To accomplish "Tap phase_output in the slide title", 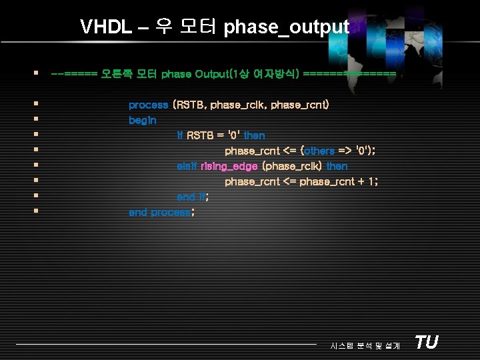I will pyautogui.click(x=286, y=27).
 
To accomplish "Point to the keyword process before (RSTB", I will pyautogui.click(x=148, y=105).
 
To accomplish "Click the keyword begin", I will pyautogui.click(x=142, y=121).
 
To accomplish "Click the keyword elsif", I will pyautogui.click(x=187, y=166).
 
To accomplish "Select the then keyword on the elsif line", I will pyautogui.click(x=337, y=166).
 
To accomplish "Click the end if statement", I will pyautogui.click(x=192, y=197).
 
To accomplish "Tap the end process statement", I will pyautogui.click(x=161, y=212).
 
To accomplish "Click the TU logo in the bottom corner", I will pyautogui.click(x=426, y=343).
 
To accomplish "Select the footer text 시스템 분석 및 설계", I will pyautogui.click(x=365, y=345).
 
